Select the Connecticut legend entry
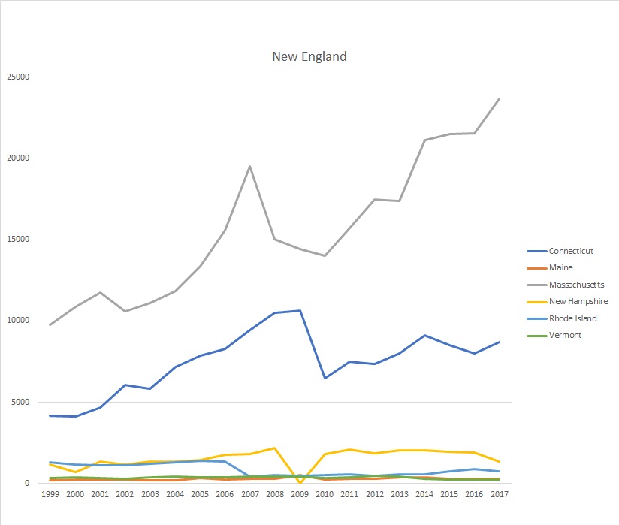click(571, 251)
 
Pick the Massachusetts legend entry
click(576, 285)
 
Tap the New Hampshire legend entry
click(578, 301)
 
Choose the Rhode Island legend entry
click(572, 318)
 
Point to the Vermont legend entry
click(565, 335)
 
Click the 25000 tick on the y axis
click(17, 77)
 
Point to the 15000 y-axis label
click(17, 240)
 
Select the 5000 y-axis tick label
click(20, 403)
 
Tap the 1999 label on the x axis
click(51, 496)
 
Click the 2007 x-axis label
click(250, 496)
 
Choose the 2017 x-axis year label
click(499, 496)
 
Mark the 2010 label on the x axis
click(325, 496)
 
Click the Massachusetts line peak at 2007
click(249, 167)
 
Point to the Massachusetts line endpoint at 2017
click(499, 98)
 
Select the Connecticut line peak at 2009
click(300, 310)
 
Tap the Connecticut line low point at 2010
click(325, 378)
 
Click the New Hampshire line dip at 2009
click(300, 482)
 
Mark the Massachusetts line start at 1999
click(51, 325)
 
